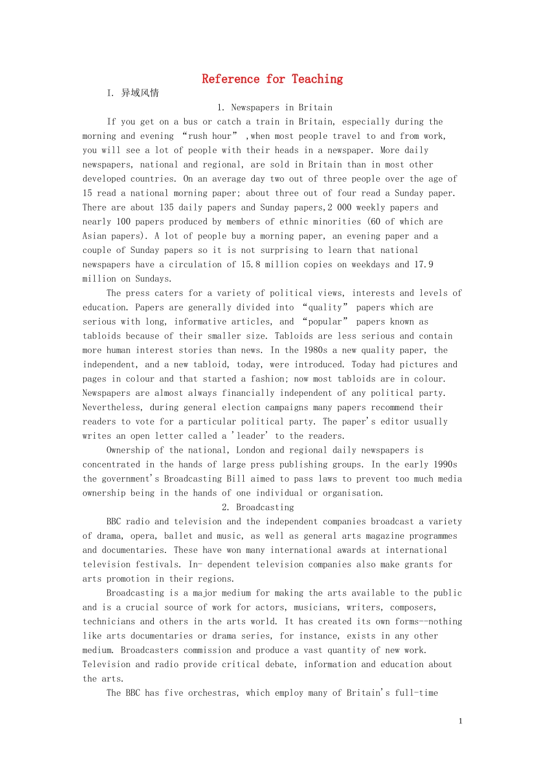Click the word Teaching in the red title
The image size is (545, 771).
click(x=317, y=79)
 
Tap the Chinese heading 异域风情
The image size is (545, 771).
click(x=140, y=93)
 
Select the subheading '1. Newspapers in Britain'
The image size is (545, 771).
click(x=275, y=107)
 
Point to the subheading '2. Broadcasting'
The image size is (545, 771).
click(x=258, y=507)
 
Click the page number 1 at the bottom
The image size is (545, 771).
click(x=460, y=721)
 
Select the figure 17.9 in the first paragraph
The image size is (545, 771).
click(x=423, y=264)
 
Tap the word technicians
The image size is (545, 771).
click(x=108, y=621)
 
